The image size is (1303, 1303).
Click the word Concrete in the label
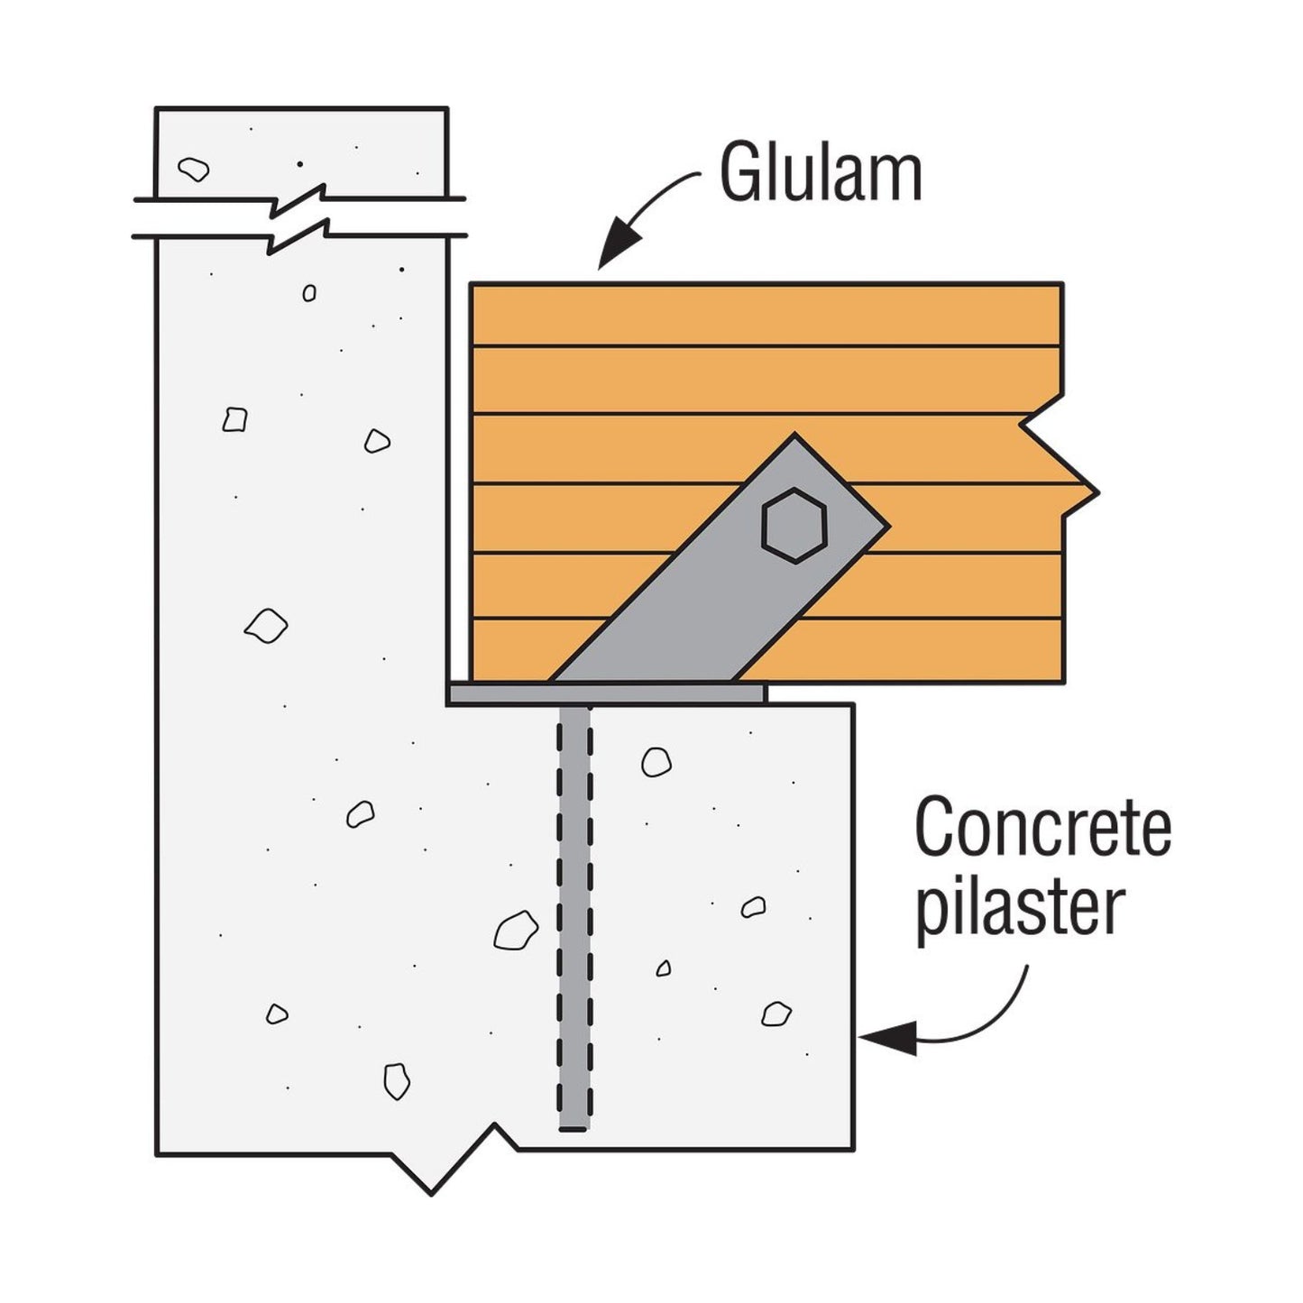[x=1042, y=827]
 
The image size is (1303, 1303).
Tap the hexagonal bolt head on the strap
[x=794, y=526]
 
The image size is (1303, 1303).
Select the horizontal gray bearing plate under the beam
[x=606, y=693]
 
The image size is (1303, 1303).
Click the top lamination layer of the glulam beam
[x=766, y=315]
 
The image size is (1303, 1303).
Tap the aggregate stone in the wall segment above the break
[x=193, y=169]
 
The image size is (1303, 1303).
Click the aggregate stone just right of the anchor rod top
[x=656, y=762]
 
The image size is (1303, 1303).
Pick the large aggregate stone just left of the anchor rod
[x=516, y=930]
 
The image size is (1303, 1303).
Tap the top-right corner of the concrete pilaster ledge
[x=852, y=705]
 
